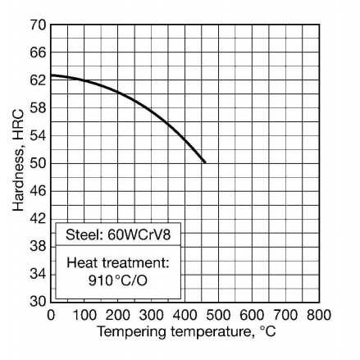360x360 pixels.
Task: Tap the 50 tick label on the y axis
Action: [x=36, y=163]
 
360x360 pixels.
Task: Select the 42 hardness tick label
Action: [x=36, y=219]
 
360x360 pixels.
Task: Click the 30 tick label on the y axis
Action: [x=36, y=302]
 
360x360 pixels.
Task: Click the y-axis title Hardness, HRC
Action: [x=18, y=161]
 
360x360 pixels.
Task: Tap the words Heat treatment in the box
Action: [x=117, y=263]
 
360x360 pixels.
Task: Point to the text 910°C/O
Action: [x=117, y=280]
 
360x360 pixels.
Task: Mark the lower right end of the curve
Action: [x=205, y=162]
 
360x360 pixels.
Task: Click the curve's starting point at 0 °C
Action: [x=52, y=75]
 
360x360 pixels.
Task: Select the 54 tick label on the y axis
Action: [x=36, y=136]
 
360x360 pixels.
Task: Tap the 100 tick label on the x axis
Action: [x=85, y=315]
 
